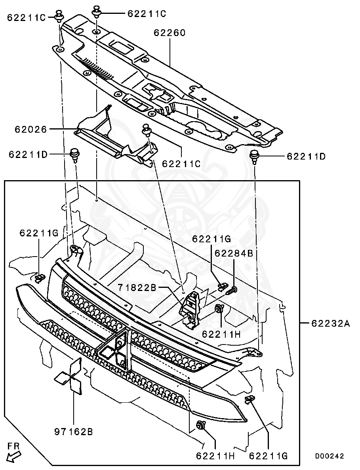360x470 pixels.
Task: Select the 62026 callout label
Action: coord(31,129)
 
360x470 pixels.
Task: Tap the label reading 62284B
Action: coord(234,253)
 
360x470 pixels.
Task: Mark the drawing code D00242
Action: coord(330,456)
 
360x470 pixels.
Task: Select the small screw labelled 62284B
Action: coord(232,291)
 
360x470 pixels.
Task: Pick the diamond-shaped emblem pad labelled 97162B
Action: coord(70,377)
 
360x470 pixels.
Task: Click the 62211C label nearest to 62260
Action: coord(147,13)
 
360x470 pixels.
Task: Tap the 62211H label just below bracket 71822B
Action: coord(221,334)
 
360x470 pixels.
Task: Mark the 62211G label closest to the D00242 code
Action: coord(268,456)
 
